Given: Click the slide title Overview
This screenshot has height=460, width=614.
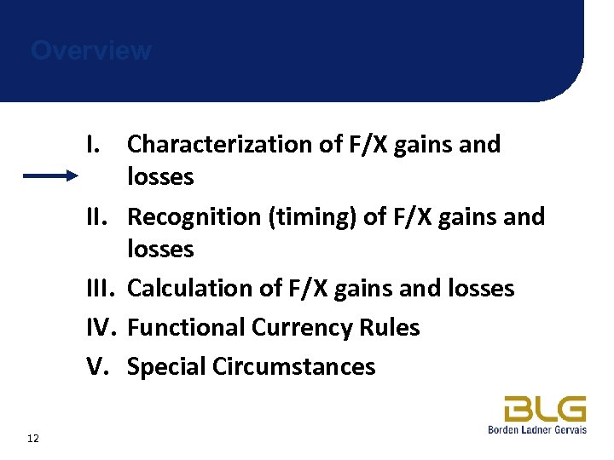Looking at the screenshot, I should [91, 51].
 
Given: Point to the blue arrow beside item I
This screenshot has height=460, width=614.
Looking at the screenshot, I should [49, 176].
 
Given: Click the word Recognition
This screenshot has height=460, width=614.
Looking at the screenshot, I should [194, 217].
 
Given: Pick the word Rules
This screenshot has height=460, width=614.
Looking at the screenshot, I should [393, 328].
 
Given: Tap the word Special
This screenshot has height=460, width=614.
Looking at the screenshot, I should [165, 367].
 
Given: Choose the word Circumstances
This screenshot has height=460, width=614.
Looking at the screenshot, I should [294, 367].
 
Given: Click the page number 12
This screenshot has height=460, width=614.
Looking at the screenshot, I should [33, 438].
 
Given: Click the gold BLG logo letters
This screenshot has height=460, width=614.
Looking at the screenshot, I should [544, 409].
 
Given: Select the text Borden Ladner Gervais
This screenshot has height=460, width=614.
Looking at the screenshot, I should [536, 430].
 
